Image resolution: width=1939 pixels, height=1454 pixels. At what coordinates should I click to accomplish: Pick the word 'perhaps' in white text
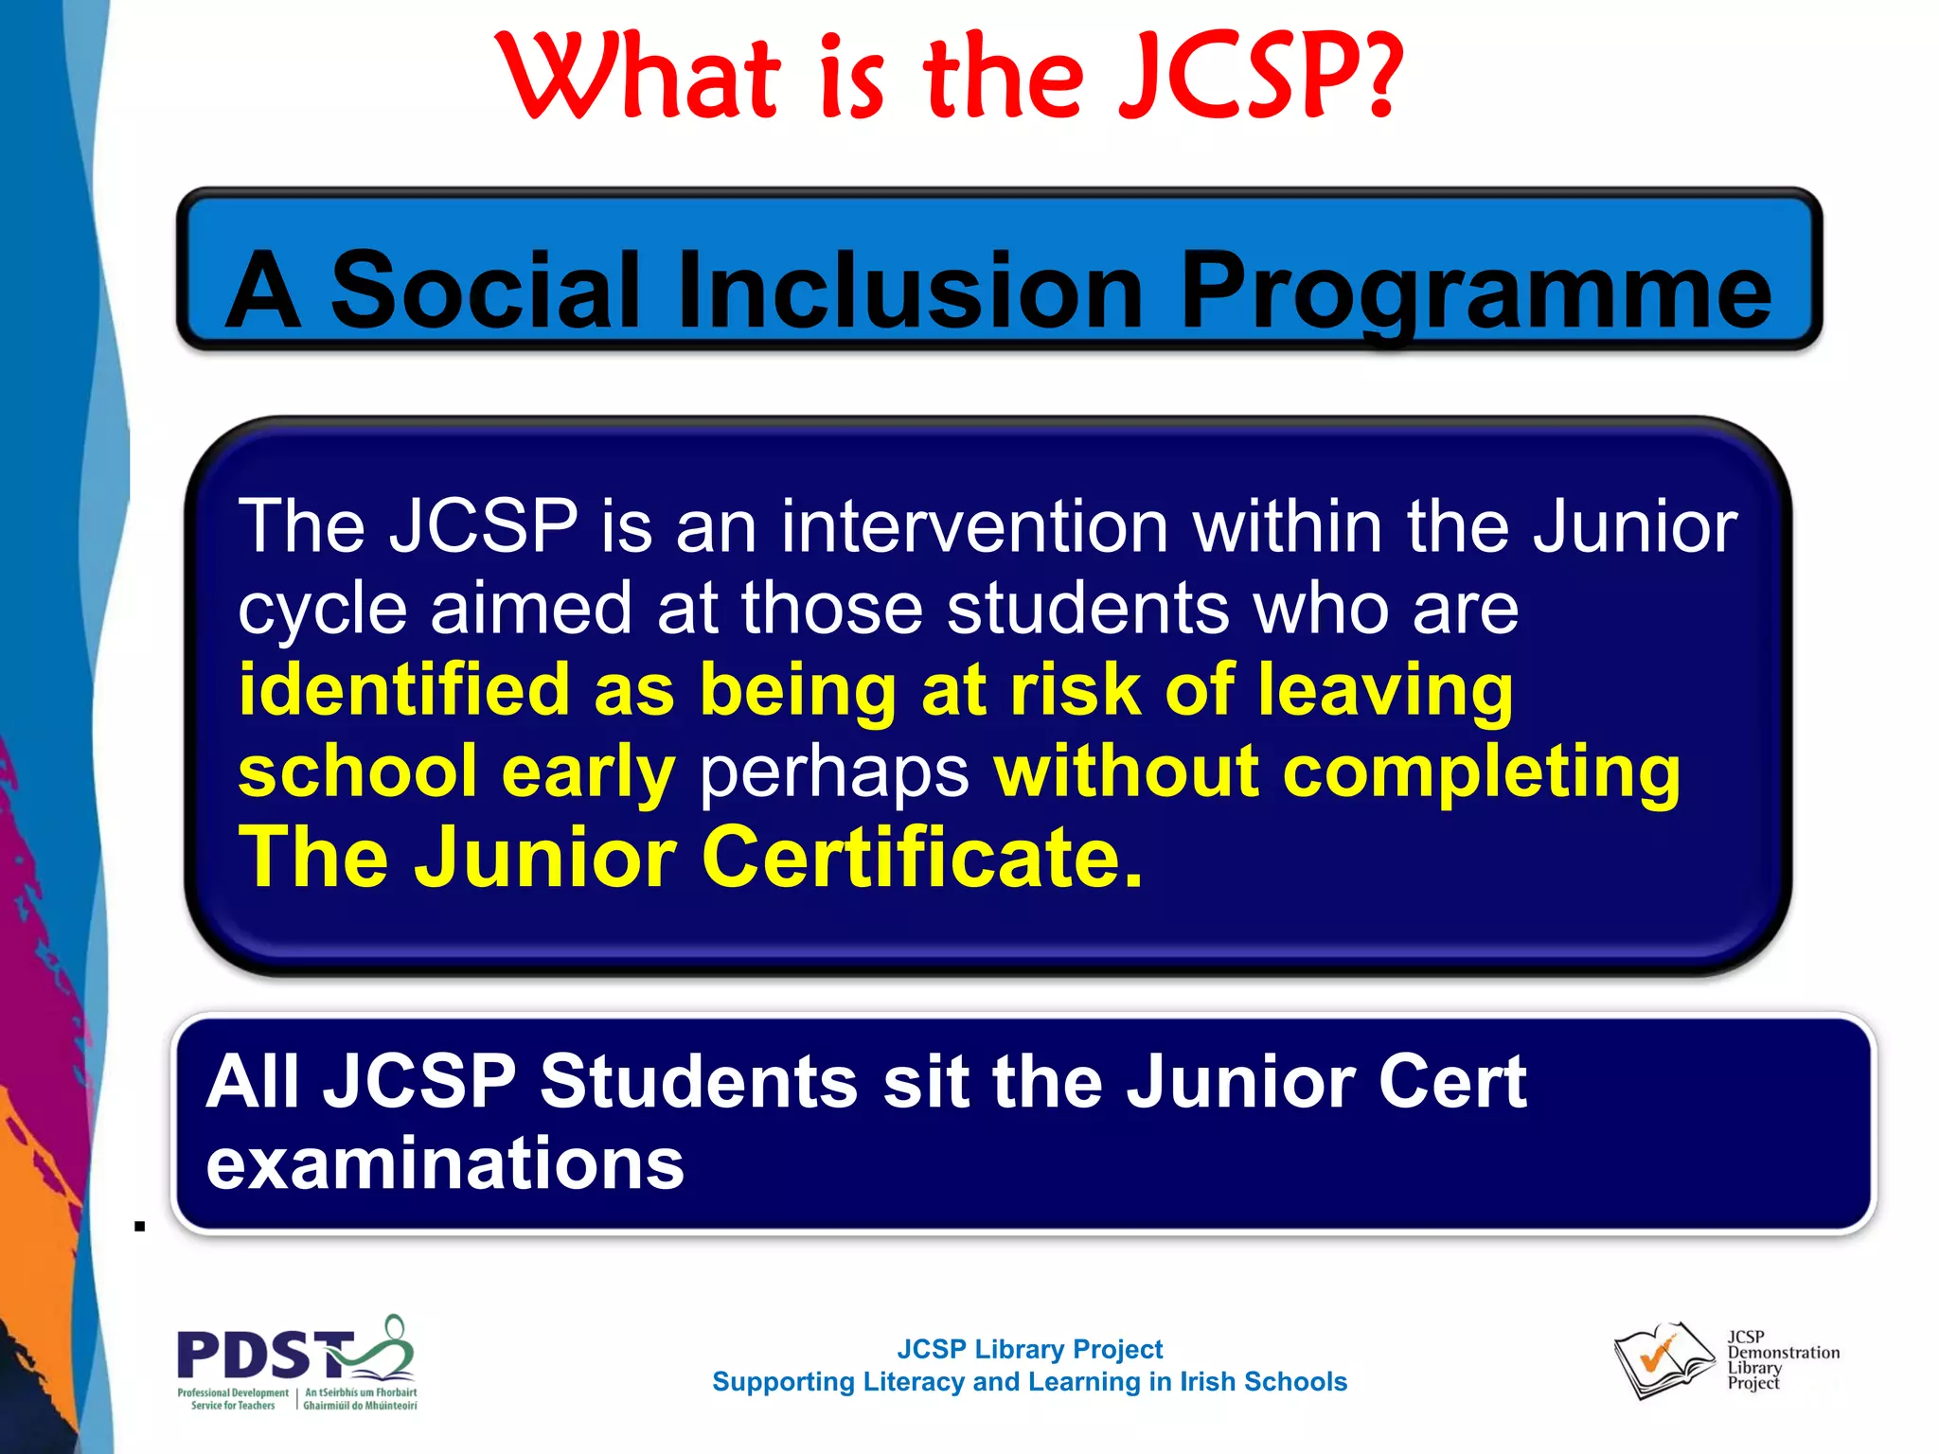(x=833, y=771)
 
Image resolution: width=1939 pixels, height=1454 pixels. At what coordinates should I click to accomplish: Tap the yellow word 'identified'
(x=403, y=690)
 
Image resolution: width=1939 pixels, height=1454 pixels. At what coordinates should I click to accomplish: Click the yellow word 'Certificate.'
(x=922, y=857)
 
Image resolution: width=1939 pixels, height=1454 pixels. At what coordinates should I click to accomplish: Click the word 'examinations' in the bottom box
(x=445, y=1163)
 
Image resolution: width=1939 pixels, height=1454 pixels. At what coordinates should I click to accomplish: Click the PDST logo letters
(x=260, y=1354)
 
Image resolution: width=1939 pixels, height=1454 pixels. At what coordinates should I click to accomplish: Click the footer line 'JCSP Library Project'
(x=1029, y=1349)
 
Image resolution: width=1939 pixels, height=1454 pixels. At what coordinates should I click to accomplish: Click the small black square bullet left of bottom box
(x=140, y=1227)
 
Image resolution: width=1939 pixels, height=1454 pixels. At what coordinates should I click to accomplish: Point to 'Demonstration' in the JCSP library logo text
(x=1784, y=1353)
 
